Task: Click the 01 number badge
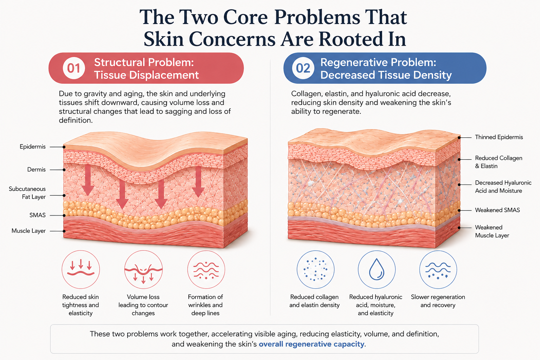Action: [x=74, y=68]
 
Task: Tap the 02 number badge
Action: [x=303, y=68]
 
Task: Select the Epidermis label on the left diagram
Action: [x=33, y=147]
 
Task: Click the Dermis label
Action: [x=37, y=169]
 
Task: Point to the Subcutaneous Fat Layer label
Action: [x=27, y=193]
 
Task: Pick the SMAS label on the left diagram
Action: [x=37, y=215]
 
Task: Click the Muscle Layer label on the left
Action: [x=28, y=231]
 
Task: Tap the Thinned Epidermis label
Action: [x=499, y=137]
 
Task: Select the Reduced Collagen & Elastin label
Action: [x=499, y=162]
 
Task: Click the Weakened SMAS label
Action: [x=497, y=210]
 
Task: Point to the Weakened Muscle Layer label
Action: [x=492, y=231]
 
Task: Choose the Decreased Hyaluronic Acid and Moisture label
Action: [x=503, y=187]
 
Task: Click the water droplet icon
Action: [x=377, y=269]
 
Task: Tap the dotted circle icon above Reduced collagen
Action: [x=316, y=269]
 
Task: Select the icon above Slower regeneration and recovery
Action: [x=438, y=270]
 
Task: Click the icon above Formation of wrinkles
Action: [x=206, y=270]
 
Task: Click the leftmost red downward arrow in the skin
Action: [x=88, y=180]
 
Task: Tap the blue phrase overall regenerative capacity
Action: [x=311, y=344]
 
